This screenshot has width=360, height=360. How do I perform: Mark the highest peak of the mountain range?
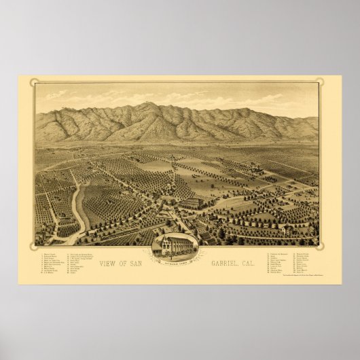(145, 105)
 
